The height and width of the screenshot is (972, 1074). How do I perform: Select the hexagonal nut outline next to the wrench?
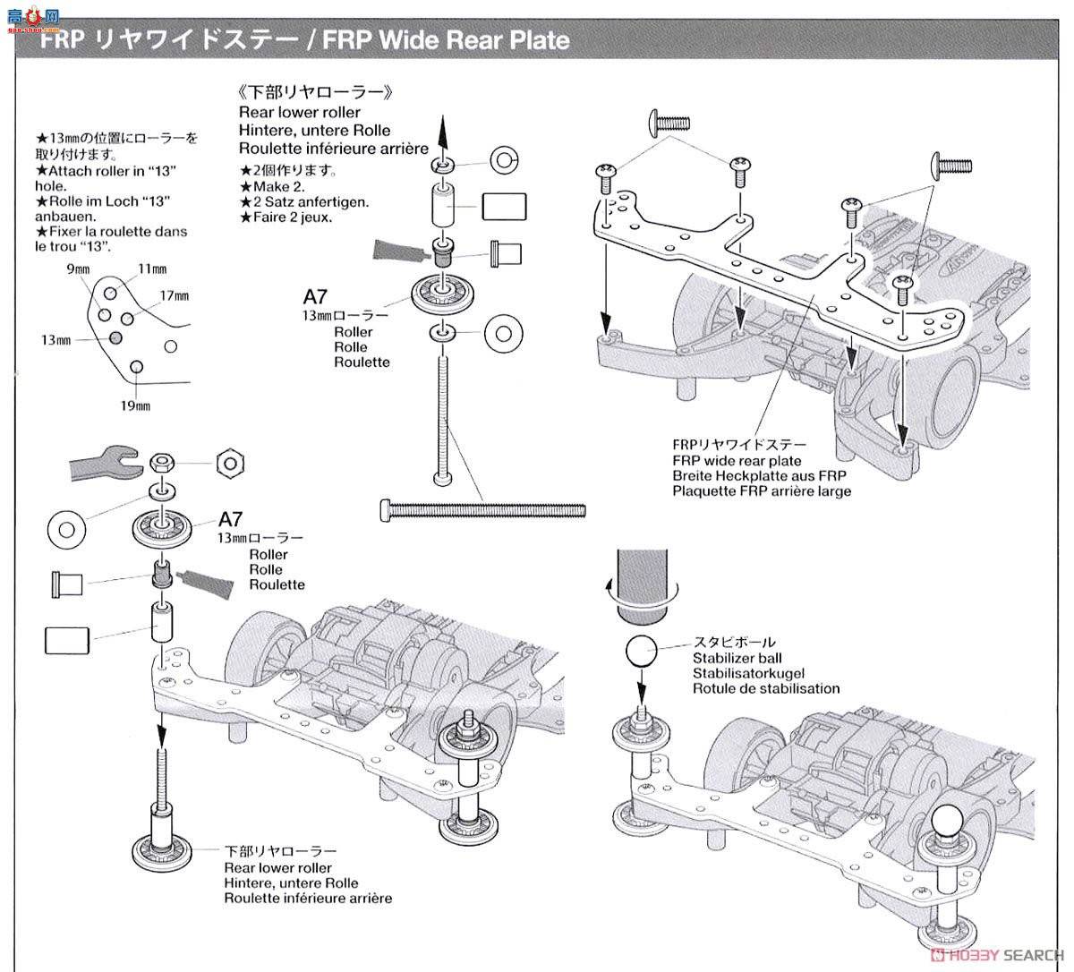click(231, 463)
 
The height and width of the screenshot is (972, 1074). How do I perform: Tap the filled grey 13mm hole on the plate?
click(115, 337)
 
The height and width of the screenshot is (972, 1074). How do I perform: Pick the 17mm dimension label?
click(175, 295)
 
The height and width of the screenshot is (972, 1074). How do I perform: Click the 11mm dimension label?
click(152, 269)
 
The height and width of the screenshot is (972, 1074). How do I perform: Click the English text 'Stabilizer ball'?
click(737, 658)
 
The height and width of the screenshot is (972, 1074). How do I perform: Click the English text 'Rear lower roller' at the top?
click(299, 112)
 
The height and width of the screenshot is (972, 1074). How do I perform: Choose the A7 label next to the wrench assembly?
click(231, 519)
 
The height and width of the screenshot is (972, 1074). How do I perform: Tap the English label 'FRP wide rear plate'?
click(737, 461)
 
